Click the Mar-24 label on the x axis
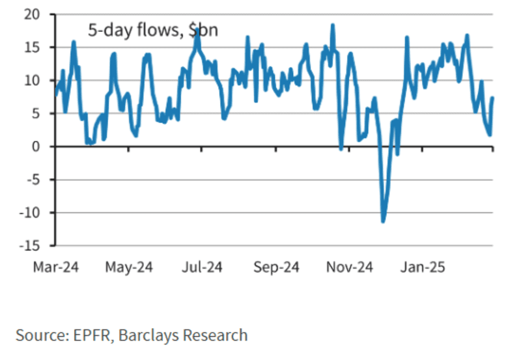click(56, 267)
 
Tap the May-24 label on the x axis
click(130, 267)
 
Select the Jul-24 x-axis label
click(203, 267)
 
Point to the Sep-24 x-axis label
click(276, 267)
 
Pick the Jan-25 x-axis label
click(423, 267)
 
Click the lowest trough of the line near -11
click(383, 221)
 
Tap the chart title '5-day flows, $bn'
click(153, 29)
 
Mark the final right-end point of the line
click(492, 98)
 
